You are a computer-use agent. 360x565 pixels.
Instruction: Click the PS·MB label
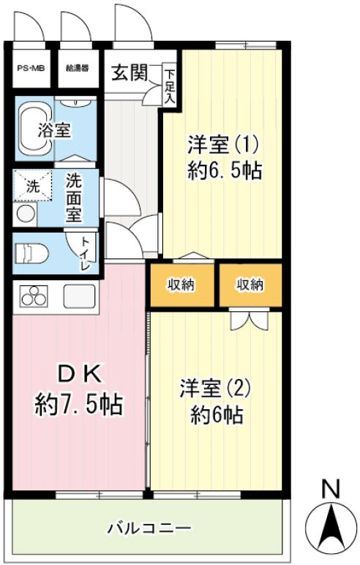coord(31,68)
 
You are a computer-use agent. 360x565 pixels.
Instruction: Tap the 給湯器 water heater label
coord(77,68)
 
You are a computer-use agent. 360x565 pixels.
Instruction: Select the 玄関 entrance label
coord(129,72)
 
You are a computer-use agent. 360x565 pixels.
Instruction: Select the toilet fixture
coord(31,254)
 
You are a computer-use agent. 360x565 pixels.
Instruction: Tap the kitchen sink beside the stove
coord(80,296)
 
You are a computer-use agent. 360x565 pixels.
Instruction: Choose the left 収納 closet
coord(181,285)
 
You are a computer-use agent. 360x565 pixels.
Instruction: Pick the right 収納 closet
coord(250,285)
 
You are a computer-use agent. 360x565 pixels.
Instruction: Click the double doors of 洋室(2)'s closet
coord(250,319)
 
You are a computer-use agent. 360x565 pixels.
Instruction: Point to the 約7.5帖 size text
coord(79,405)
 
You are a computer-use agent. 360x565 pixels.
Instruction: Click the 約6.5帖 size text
coord(224,170)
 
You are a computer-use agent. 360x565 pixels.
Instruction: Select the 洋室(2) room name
coord(215,389)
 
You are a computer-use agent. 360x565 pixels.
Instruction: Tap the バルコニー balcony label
coord(149,528)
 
